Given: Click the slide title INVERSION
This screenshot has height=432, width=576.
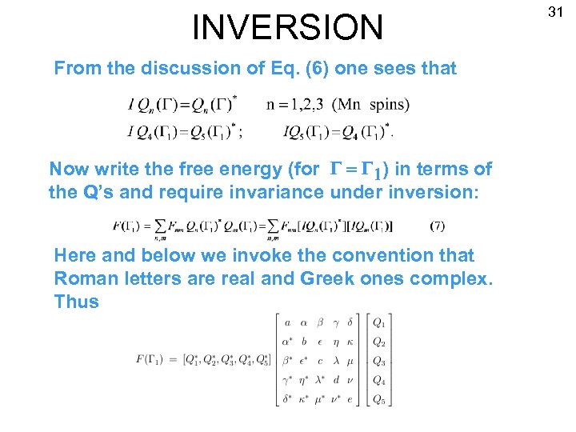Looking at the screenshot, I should pos(288,27).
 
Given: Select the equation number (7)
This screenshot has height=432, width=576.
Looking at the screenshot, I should pos(437,226).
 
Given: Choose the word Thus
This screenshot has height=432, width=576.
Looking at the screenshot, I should pos(76,302).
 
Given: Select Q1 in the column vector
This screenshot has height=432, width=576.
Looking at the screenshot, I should pos(379,323).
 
